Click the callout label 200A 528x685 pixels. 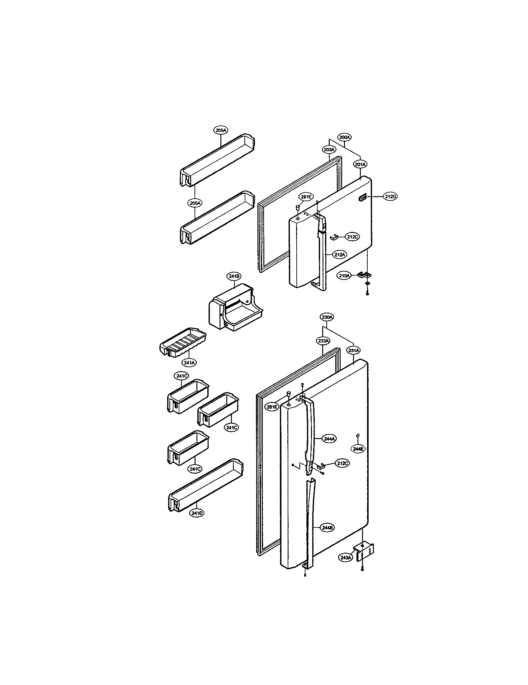tap(344, 137)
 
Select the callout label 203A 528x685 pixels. tap(329, 150)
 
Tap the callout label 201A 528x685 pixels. tap(361, 164)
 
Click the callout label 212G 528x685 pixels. tap(390, 197)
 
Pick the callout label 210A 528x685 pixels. tap(344, 276)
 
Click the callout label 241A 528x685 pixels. tap(190, 362)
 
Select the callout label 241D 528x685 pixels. tap(196, 513)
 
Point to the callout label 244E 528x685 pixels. tap(358, 449)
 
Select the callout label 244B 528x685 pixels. tap(327, 528)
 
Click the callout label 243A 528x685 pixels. tap(346, 558)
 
